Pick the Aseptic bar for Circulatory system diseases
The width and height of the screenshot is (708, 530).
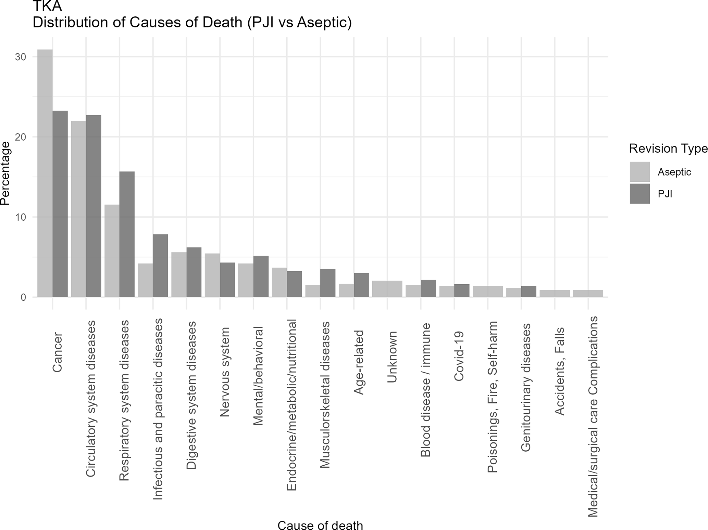pyautogui.click(x=78, y=209)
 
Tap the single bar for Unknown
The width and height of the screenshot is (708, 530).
pyautogui.click(x=387, y=289)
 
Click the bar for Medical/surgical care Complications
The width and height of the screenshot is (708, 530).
pyautogui.click(x=588, y=293)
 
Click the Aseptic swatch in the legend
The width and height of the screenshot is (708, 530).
pyautogui.click(x=639, y=172)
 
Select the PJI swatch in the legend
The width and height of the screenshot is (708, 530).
pyautogui.click(x=639, y=194)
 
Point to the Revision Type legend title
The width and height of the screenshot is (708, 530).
pyautogui.click(x=668, y=148)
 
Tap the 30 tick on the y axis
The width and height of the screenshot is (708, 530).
pyautogui.click(x=21, y=57)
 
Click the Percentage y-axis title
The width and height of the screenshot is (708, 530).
pyautogui.click(x=5, y=173)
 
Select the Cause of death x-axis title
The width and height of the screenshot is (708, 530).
pyautogui.click(x=320, y=525)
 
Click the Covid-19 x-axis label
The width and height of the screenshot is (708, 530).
pyautogui.click(x=459, y=356)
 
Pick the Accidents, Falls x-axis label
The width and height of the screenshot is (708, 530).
pyautogui.click(x=559, y=371)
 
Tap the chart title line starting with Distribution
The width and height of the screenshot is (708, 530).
pyautogui.click(x=192, y=23)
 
